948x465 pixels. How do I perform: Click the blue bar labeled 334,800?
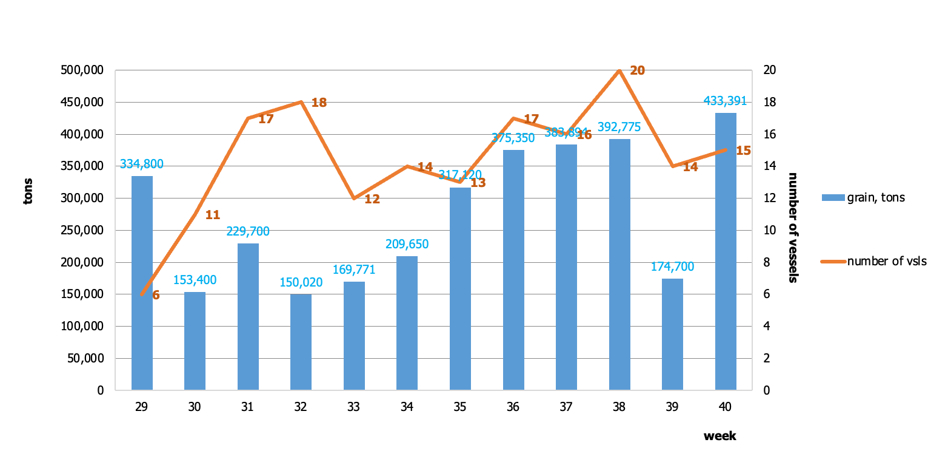(142, 283)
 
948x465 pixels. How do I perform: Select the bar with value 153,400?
(195, 341)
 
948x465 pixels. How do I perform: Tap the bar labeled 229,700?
(248, 316)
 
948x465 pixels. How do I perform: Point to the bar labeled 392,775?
(619, 264)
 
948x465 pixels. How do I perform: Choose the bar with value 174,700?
(672, 334)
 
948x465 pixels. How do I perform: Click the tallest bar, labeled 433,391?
(726, 251)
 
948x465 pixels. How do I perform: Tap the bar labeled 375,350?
(513, 270)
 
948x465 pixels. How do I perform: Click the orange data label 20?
(637, 70)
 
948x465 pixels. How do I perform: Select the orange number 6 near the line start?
(156, 295)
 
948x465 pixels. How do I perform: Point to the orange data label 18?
(319, 103)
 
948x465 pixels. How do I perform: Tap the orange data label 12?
(372, 199)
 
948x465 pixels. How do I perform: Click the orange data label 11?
(213, 215)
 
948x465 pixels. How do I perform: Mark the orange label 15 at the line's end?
(743, 151)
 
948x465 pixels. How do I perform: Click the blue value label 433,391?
(725, 101)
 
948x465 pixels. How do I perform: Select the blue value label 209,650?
(407, 244)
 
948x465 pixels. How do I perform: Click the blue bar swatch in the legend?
(833, 197)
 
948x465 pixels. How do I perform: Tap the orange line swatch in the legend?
(833, 262)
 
